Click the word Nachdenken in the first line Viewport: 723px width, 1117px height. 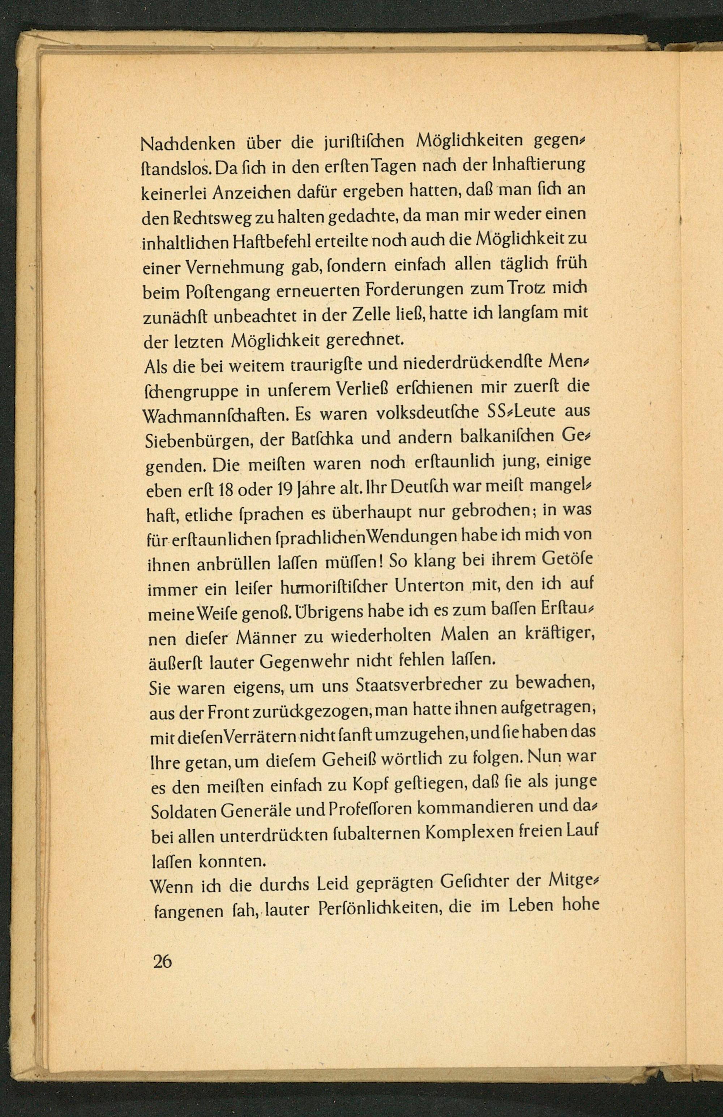coord(188,143)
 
